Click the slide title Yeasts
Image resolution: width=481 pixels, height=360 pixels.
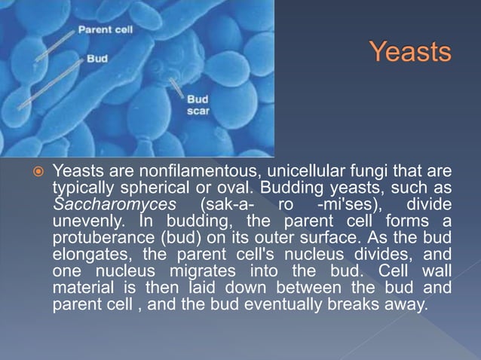coord(410,53)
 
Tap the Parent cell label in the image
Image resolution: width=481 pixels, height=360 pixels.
coord(104,31)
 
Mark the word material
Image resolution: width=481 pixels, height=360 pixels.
coord(81,289)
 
